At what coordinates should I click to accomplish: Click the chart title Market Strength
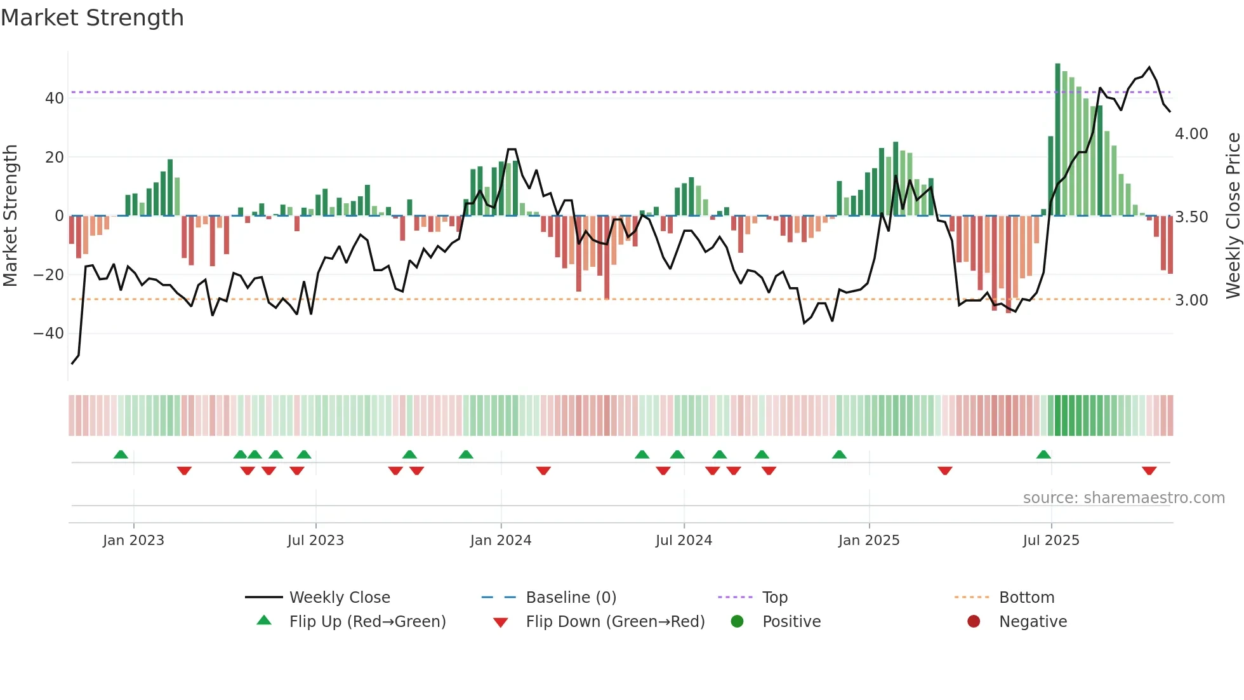click(x=92, y=18)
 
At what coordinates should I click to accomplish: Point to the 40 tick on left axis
click(x=55, y=98)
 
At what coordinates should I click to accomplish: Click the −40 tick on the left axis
click(x=49, y=333)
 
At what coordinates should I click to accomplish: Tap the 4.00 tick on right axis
click(x=1191, y=134)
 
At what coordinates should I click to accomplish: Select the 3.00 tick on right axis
click(x=1191, y=300)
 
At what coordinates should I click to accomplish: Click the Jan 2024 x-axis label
click(x=500, y=541)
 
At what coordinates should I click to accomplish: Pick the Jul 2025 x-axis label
click(x=1050, y=541)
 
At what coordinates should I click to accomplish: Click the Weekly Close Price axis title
click(x=1233, y=215)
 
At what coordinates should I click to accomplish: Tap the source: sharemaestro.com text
click(x=1123, y=498)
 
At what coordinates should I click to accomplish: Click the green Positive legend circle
click(x=737, y=622)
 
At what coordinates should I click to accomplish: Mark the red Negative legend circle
click(x=974, y=622)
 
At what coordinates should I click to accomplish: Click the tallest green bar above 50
click(x=1057, y=140)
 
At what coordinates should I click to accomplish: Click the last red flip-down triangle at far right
click(x=1149, y=471)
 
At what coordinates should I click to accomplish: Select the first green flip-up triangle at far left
click(x=121, y=454)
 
